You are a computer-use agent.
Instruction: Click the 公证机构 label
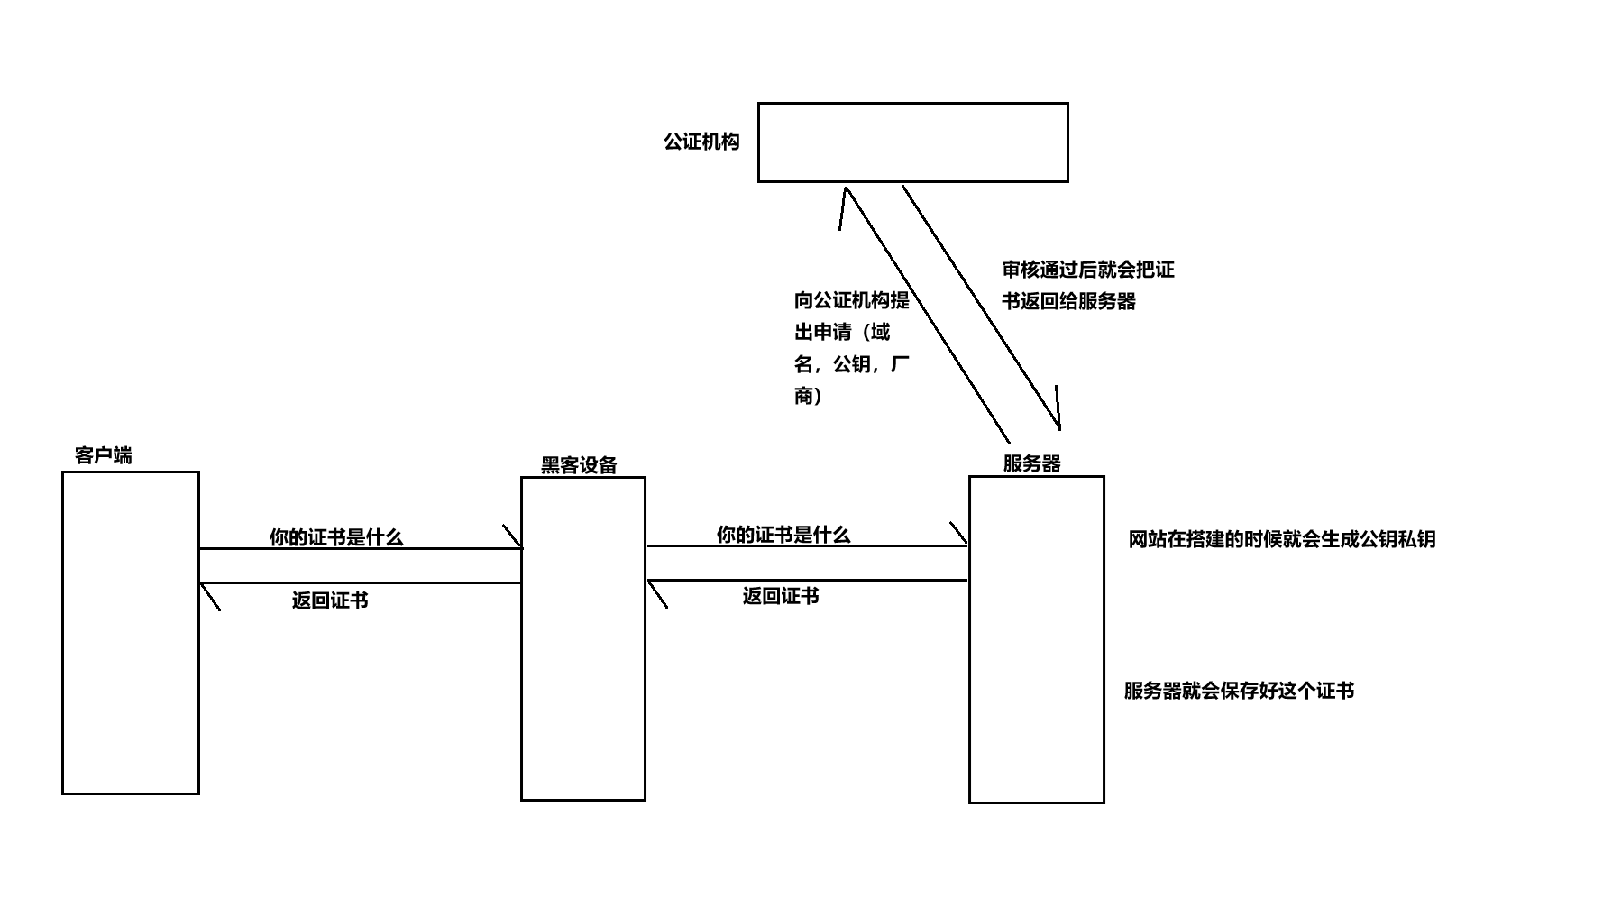[x=701, y=142]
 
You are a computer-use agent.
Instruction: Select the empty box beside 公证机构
[x=912, y=142]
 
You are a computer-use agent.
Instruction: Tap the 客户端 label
[x=103, y=455]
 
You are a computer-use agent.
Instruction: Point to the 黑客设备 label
[x=579, y=465]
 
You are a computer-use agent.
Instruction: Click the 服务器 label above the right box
[x=1031, y=463]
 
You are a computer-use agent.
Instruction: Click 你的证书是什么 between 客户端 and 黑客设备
[x=336, y=537]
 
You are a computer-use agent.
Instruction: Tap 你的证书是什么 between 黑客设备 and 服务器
[x=783, y=535]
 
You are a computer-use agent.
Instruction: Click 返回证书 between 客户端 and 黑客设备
[x=330, y=600]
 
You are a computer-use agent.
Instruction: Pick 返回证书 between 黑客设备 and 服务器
[x=781, y=596]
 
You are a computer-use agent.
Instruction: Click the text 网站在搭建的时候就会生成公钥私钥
[x=1281, y=539]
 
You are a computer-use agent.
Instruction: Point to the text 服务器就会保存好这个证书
[x=1239, y=691]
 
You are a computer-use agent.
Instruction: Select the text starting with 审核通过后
[x=1087, y=285]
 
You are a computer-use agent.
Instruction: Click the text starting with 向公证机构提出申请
[x=851, y=347]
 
